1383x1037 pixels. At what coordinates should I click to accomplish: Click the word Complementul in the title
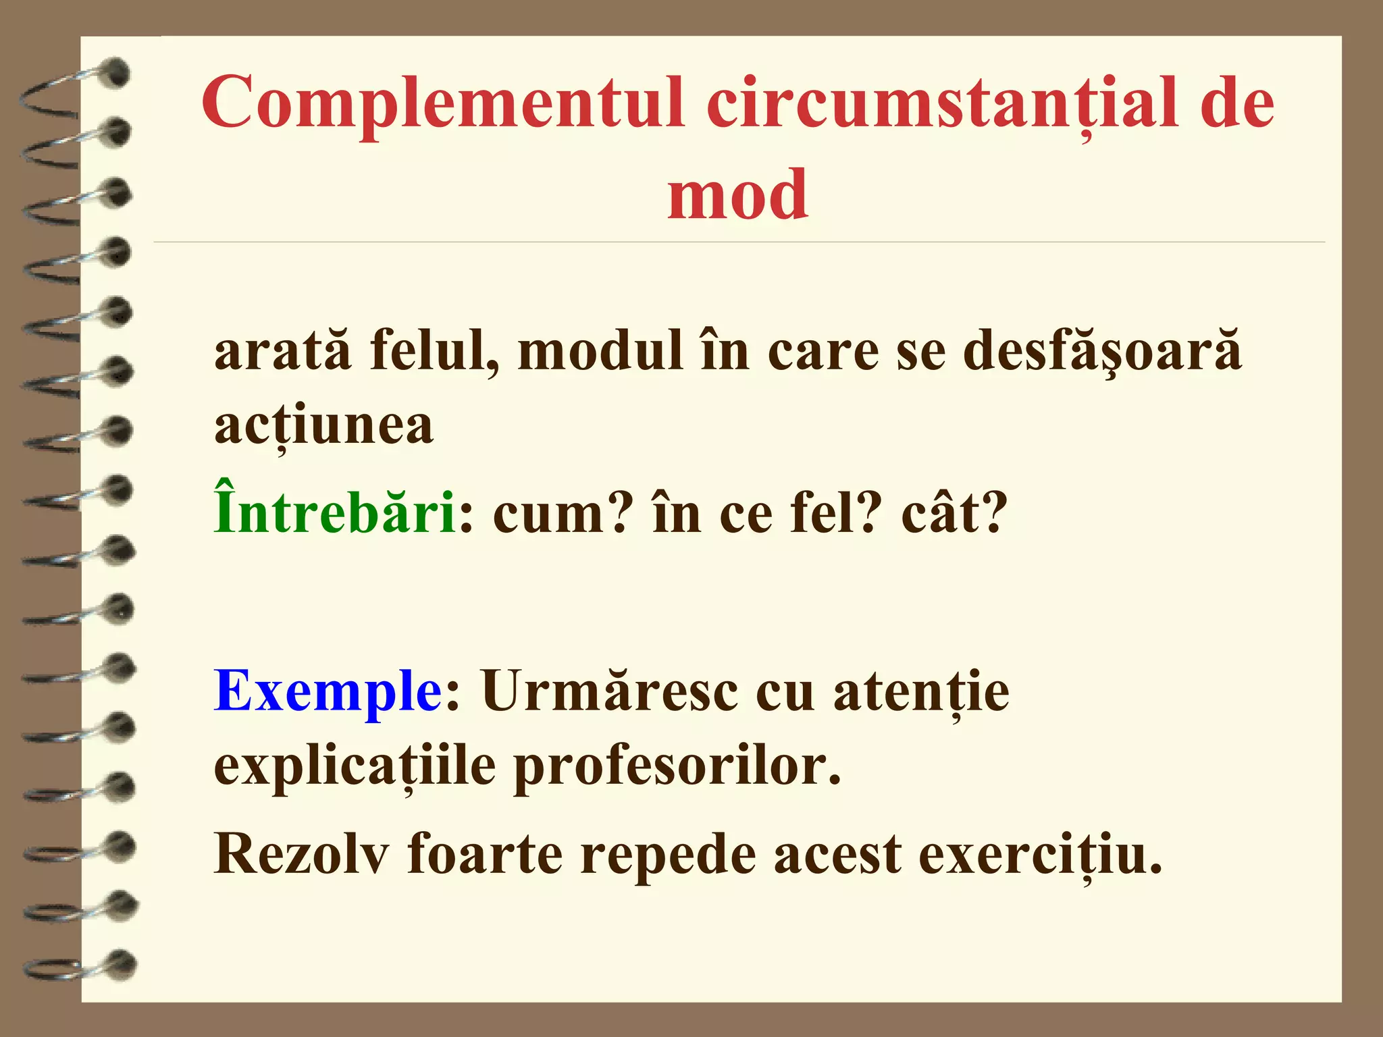(443, 103)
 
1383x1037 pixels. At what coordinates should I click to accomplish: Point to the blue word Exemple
(328, 691)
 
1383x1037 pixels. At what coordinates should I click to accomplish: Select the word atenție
(921, 691)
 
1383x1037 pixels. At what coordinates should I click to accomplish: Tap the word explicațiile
(355, 767)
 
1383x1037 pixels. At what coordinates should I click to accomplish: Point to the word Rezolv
(301, 855)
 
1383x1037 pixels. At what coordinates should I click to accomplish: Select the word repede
(669, 855)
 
